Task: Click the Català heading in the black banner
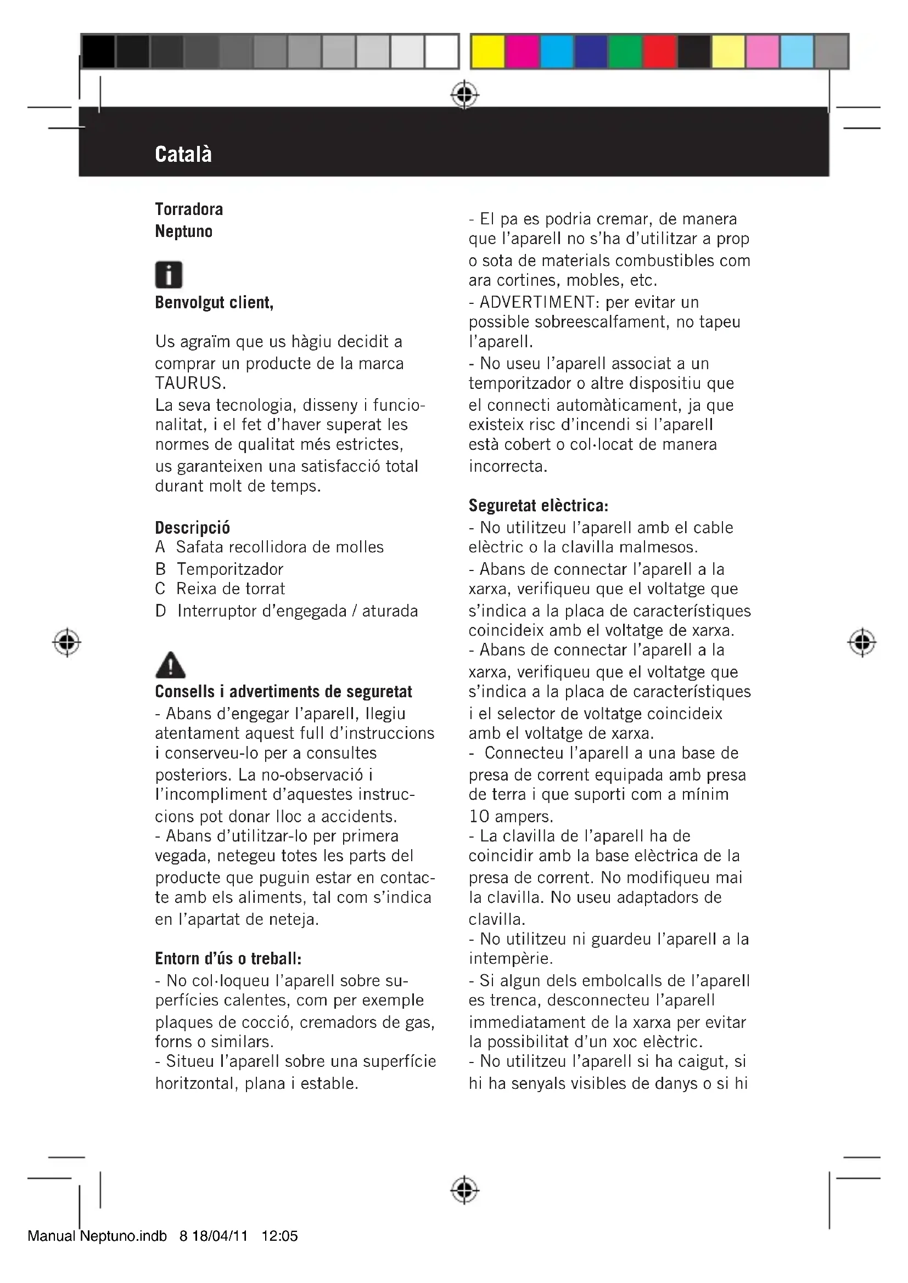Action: (x=183, y=154)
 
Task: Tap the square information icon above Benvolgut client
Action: (x=169, y=275)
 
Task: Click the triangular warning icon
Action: (x=170, y=665)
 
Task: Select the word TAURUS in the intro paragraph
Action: (x=190, y=383)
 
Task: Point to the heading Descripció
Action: (x=192, y=528)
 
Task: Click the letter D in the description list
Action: (x=161, y=611)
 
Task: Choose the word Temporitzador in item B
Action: (x=230, y=569)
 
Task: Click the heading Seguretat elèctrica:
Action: (x=538, y=505)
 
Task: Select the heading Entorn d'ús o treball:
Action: (x=228, y=959)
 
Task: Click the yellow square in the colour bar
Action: (x=487, y=52)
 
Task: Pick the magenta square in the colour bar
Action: (x=522, y=52)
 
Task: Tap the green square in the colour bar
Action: (x=625, y=52)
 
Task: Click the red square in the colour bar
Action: (x=660, y=52)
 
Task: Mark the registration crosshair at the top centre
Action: (x=464, y=95)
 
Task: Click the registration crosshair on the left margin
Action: (x=66, y=643)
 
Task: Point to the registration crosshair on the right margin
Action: (x=861, y=643)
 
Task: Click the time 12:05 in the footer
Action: (x=279, y=1236)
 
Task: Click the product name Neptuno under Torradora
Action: (x=183, y=231)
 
